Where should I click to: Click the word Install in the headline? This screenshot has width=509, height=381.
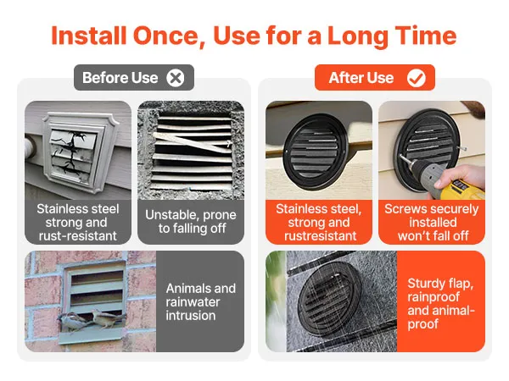88,36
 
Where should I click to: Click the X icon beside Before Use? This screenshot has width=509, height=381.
176,78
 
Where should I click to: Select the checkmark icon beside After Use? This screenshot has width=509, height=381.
417,78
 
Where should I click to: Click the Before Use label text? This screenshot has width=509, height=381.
120,78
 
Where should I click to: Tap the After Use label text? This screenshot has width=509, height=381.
361,78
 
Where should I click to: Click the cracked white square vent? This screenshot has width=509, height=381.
79,152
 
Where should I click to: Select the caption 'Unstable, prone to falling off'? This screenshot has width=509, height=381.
191,222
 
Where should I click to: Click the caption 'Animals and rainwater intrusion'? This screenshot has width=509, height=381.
200,302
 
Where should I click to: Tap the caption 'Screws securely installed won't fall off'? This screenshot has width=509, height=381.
432,222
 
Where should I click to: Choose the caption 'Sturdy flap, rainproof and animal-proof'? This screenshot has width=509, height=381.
441,304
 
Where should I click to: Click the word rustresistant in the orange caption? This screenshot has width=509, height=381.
320,236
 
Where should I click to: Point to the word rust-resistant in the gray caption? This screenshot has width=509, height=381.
77,236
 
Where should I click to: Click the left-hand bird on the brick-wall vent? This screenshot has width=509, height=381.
74,322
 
